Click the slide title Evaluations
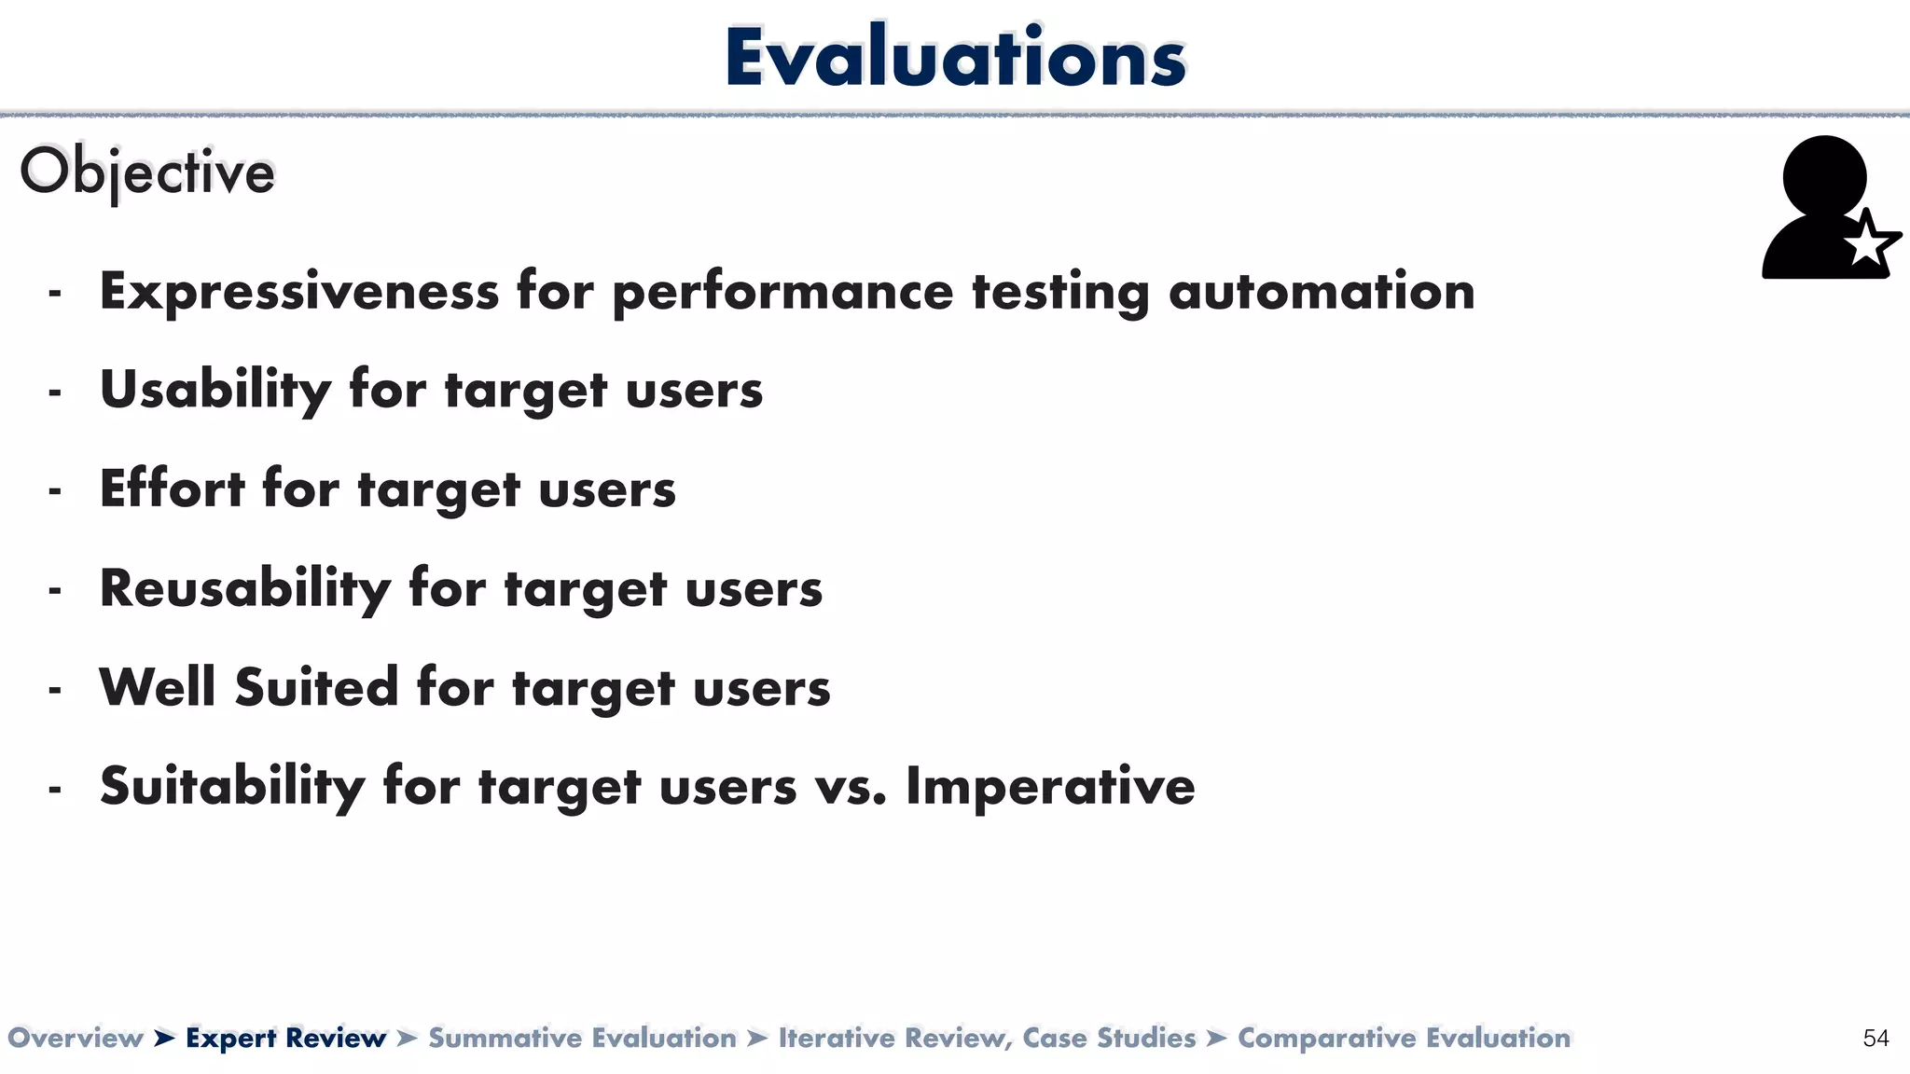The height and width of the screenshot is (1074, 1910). pos(955,58)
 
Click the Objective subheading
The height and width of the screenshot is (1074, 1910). pos(147,172)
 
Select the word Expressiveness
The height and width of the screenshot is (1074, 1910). pos(299,291)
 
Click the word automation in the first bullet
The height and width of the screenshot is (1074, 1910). pos(1322,291)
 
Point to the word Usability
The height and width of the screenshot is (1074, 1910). pos(215,390)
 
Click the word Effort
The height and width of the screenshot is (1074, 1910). pos(173,489)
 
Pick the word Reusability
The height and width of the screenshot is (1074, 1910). pos(245,588)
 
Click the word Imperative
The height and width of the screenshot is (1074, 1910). pos(1050,786)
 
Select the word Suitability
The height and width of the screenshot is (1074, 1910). pos(232,786)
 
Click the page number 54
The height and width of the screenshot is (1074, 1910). pos(1875,1039)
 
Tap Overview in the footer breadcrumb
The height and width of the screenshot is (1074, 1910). pos(76,1038)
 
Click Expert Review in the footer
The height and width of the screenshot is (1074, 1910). pos(285,1038)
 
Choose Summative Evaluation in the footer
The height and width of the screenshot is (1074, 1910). pos(582,1038)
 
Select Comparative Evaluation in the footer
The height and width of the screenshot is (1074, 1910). pos(1404,1038)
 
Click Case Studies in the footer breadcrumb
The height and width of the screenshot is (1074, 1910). pos(1109,1038)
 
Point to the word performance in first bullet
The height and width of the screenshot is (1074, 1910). pos(782,293)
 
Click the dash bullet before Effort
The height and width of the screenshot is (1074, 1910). pos(55,490)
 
